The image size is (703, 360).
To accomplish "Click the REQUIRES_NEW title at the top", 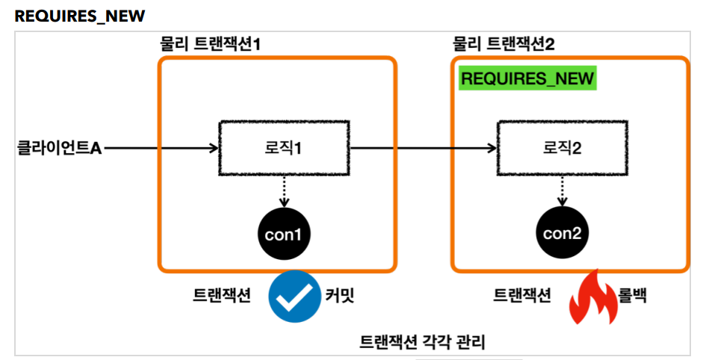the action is (x=80, y=16).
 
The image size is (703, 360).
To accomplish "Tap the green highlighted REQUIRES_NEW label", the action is (x=527, y=78).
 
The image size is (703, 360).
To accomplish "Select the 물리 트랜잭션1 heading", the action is (x=210, y=44).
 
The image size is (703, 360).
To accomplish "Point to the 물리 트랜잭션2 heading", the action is (x=504, y=44).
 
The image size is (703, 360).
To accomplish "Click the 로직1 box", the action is (x=284, y=148).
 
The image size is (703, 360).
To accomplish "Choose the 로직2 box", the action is (x=563, y=148).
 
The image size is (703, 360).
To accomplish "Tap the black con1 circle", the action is (x=284, y=234).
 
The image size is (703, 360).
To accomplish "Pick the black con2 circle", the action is (x=563, y=233).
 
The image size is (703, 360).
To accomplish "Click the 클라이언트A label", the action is (x=59, y=148).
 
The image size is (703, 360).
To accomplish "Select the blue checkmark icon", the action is (x=294, y=297).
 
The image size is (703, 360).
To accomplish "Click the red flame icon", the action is (x=593, y=297).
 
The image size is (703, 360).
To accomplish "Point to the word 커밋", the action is (x=339, y=296).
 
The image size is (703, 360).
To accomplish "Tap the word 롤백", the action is (x=632, y=295).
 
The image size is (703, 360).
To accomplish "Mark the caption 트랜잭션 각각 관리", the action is (x=422, y=342).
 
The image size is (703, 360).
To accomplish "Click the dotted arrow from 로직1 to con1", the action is (x=284, y=191).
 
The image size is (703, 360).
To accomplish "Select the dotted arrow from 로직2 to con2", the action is (x=563, y=191).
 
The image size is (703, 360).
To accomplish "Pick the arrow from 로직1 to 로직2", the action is (x=424, y=148).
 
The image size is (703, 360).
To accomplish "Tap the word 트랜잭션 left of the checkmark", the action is (x=221, y=296).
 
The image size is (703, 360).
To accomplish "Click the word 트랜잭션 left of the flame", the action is (x=522, y=296).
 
